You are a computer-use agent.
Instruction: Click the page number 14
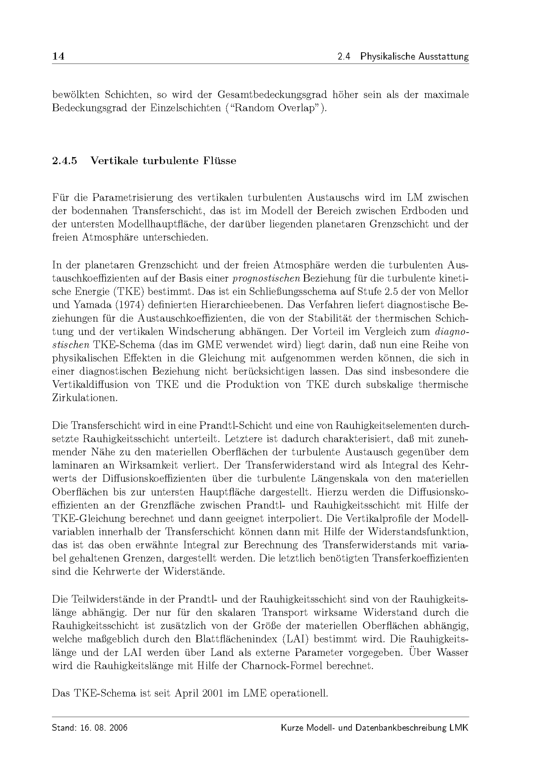(x=58, y=56)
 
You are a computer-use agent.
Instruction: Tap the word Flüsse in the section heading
(x=219, y=161)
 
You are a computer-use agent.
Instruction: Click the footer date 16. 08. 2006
(x=104, y=728)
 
